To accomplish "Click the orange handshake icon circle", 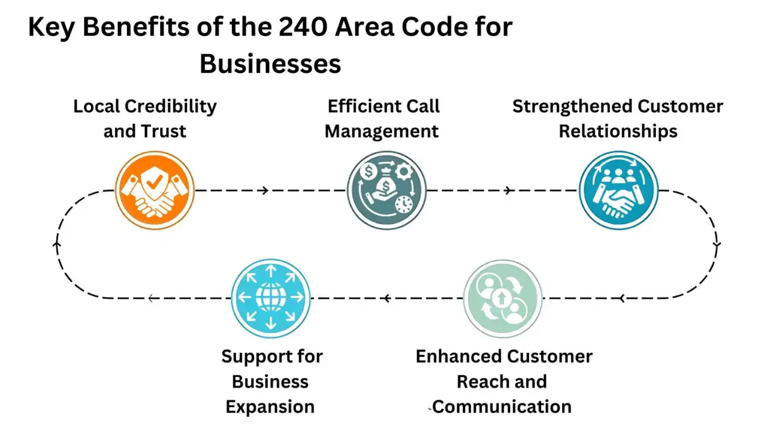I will tap(155, 190).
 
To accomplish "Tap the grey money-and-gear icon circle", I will tap(386, 190).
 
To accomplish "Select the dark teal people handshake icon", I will tap(618, 190).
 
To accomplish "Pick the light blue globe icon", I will tap(271, 298).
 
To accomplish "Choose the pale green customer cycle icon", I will tap(502, 298).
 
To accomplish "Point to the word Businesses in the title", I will tap(271, 64).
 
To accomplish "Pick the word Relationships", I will tap(618, 131).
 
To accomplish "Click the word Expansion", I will tap(270, 407).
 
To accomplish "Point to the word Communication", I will tap(502, 407).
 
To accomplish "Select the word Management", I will tap(382, 131).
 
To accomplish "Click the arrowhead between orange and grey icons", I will tap(264, 191).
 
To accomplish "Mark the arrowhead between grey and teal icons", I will tap(508, 191).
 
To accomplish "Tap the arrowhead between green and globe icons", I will tap(385, 298).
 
